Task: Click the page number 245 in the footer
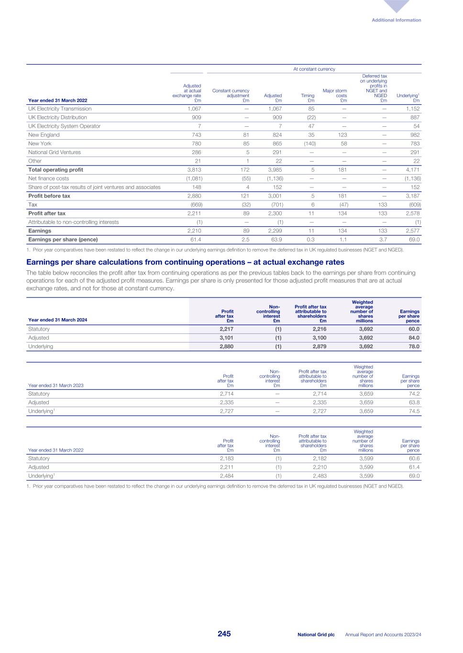224,634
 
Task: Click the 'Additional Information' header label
397,20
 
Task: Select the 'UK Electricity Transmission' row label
60,109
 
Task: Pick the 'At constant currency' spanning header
314,69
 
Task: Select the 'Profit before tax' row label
49,196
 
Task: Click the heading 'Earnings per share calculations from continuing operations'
185,262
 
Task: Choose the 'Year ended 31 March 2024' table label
57,320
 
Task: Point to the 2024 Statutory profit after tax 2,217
226,329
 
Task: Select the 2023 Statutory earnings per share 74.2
414,394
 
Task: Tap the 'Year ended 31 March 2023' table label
55,385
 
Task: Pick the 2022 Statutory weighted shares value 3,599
366,458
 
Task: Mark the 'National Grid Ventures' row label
55,152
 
